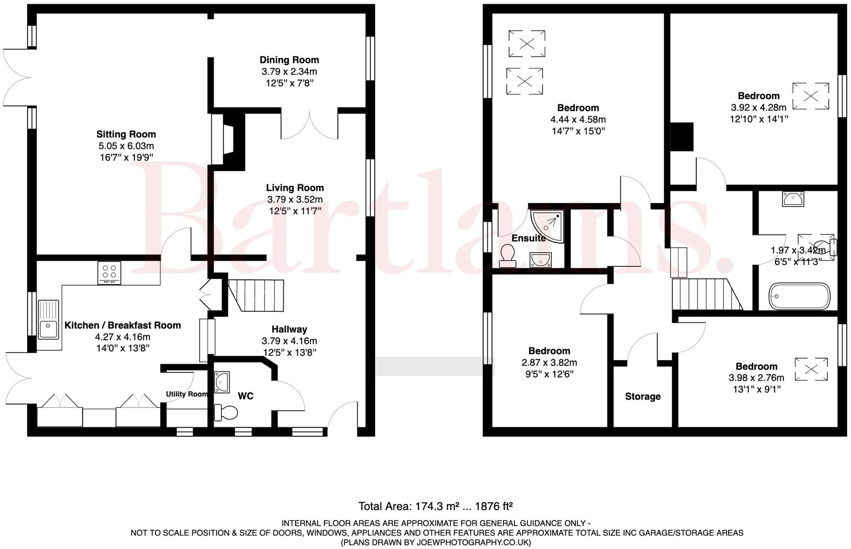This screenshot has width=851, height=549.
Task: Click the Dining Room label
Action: tap(289, 60)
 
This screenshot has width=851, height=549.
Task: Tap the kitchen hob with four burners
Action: tap(109, 272)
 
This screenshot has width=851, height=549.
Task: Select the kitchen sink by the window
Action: tap(48, 319)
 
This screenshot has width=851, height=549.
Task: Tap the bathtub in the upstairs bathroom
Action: tap(799, 296)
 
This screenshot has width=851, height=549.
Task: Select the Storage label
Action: tap(643, 396)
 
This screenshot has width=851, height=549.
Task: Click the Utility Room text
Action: tap(187, 394)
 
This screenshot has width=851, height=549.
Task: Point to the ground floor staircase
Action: tap(255, 295)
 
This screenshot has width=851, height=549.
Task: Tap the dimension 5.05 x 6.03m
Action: tap(126, 146)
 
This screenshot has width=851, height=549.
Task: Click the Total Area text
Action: tap(435, 506)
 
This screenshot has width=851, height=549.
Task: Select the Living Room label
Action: tap(295, 188)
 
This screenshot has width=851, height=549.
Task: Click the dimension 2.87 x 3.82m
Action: tap(549, 362)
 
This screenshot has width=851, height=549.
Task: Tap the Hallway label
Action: tap(289, 329)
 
